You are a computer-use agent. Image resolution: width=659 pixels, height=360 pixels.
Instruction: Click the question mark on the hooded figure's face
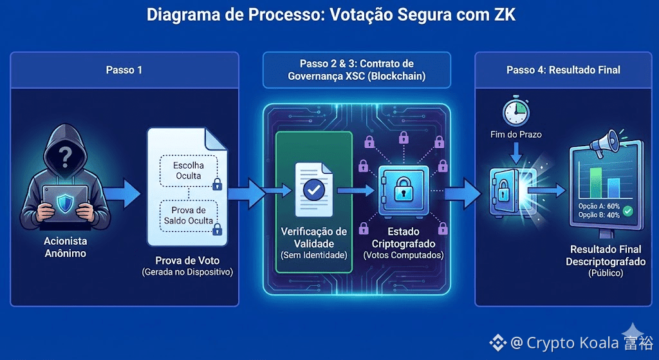coord(64,156)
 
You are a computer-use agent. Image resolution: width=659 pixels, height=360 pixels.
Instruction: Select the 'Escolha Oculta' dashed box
coord(189,171)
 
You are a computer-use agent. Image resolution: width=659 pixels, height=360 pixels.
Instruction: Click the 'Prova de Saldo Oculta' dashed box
coord(189,216)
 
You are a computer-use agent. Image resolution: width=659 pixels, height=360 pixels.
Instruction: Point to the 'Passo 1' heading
coord(124,70)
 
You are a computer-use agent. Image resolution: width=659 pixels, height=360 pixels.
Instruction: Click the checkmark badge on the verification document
coord(313,190)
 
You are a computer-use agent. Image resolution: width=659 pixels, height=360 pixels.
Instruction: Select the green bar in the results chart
coord(597,184)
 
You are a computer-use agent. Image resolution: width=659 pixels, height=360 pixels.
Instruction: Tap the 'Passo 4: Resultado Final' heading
coord(563,70)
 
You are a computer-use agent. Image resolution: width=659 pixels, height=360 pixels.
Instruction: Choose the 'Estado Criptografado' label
coord(404,238)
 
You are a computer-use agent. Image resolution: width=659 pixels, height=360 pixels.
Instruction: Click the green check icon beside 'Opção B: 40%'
coord(628,211)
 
